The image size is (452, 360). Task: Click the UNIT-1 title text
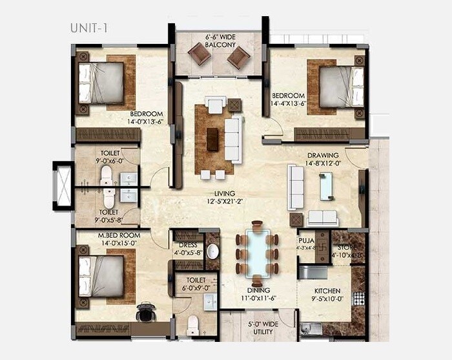click(89, 28)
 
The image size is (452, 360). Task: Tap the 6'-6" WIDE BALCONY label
click(220, 41)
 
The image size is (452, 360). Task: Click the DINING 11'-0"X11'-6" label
click(258, 295)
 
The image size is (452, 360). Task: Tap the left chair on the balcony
click(200, 57)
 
